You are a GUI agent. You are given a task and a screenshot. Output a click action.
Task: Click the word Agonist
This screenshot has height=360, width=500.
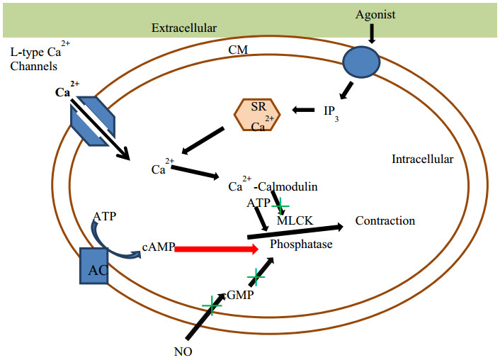[x=375, y=16]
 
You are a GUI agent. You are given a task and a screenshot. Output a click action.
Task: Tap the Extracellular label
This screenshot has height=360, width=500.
[x=184, y=28]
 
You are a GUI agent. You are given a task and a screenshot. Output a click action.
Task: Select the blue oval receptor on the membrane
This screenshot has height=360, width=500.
[x=361, y=62]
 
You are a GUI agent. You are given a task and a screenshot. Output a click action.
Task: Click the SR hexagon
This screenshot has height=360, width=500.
[x=257, y=115]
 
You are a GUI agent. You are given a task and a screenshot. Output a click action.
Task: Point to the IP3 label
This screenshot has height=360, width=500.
[x=331, y=113]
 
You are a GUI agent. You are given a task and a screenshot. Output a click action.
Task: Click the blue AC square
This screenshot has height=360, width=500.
[x=93, y=266]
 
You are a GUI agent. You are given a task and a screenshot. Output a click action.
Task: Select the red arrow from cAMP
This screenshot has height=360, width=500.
[x=217, y=249]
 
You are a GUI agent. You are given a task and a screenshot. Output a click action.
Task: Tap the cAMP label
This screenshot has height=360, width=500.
[x=159, y=247]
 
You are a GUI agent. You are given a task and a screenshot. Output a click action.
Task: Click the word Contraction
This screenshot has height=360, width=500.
[x=385, y=220]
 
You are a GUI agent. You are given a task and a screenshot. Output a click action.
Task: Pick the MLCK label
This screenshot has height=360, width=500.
[x=295, y=220]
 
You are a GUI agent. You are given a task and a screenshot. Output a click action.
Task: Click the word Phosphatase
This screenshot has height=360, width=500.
[x=301, y=244]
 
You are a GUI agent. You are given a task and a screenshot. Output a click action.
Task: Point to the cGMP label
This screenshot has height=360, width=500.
[x=239, y=296]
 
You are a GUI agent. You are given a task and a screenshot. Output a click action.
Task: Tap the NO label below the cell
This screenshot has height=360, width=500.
[x=183, y=351]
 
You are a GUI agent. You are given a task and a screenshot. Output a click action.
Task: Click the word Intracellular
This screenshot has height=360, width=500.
[x=423, y=159]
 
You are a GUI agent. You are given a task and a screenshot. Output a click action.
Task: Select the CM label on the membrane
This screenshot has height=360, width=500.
[x=238, y=50]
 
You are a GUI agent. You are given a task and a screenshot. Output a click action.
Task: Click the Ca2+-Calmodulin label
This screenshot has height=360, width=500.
[x=273, y=184]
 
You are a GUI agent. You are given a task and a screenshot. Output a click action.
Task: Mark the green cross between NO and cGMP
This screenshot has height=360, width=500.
[x=212, y=305]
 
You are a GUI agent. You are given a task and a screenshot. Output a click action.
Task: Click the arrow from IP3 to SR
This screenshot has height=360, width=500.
[x=303, y=110]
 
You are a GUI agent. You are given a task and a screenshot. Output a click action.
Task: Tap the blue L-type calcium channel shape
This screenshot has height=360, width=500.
[x=93, y=121]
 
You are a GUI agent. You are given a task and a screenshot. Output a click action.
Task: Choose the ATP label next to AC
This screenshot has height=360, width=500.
[x=105, y=216]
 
